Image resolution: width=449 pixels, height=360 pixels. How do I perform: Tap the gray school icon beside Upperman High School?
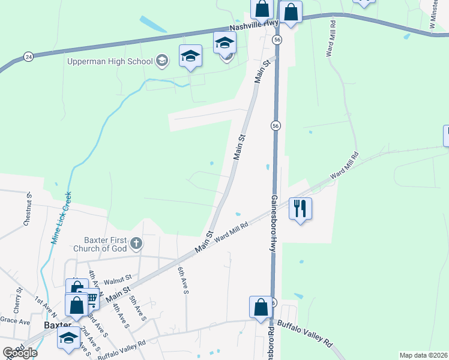[161, 60]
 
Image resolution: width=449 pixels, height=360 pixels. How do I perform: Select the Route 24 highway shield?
[29, 56]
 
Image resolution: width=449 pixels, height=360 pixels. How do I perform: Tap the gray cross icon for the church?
[136, 243]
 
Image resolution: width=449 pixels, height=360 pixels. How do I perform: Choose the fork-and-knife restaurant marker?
[300, 209]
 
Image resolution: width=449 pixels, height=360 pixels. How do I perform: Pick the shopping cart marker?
[90, 298]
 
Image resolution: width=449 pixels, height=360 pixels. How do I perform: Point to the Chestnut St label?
[28, 209]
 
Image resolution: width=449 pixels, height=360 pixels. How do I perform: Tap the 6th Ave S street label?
[182, 281]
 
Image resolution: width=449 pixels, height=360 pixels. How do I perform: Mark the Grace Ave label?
[15, 322]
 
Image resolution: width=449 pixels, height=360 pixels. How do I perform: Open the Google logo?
[20, 352]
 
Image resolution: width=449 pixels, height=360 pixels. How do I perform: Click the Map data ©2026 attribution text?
[423, 355]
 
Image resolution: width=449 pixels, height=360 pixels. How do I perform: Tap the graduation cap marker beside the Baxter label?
[69, 338]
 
